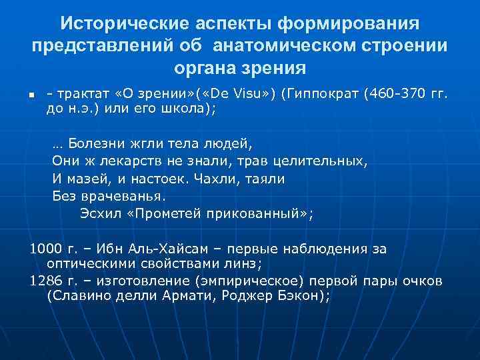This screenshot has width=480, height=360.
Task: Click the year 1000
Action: [x=46, y=249]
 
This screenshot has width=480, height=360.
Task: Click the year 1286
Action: [x=46, y=281]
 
